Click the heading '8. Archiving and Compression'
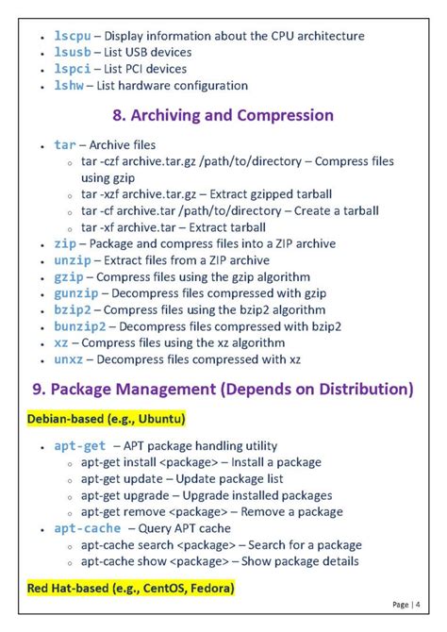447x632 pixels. [x=223, y=116]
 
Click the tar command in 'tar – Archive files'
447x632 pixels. [x=65, y=145]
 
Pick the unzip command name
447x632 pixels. [x=72, y=260]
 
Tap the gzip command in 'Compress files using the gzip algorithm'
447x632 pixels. [x=69, y=276]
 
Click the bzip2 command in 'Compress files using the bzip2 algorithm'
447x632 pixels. [x=72, y=309]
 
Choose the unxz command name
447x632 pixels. [x=69, y=359]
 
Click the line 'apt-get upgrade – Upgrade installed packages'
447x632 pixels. [x=206, y=495]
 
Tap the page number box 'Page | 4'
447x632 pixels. [x=406, y=605]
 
